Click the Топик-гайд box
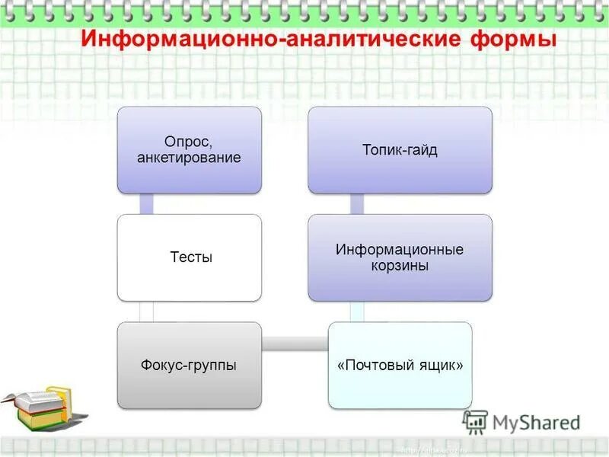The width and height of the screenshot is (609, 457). (400, 149)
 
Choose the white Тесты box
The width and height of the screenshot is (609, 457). (189, 257)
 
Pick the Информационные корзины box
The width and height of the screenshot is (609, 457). (400, 257)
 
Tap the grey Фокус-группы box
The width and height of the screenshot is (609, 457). (189, 365)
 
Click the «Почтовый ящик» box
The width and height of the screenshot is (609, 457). (400, 365)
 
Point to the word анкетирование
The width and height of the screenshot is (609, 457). (189, 158)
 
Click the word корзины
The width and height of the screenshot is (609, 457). (400, 266)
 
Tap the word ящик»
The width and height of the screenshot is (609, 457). (445, 366)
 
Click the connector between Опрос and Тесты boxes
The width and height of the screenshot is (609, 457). (147, 203)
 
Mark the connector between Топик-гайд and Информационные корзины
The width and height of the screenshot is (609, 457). (356, 203)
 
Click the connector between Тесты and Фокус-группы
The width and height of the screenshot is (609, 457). (147, 311)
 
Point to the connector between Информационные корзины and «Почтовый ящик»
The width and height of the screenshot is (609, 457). (356, 311)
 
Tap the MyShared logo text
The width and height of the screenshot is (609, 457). (537, 422)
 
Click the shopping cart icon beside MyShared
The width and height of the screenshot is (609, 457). (476, 422)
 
